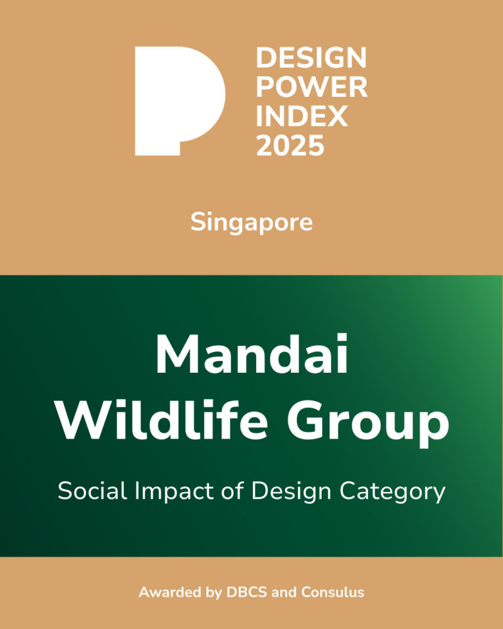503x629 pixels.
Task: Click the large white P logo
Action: coord(178,98)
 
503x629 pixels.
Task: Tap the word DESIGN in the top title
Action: coord(311,58)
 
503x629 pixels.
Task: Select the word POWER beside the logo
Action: coord(311,88)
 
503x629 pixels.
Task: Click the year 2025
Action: coord(290,146)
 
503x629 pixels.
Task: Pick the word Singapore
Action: coord(251,222)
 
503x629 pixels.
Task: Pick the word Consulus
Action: coord(332,593)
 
